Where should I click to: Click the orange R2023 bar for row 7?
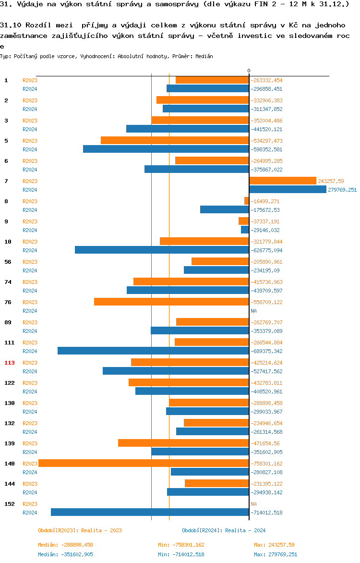283,181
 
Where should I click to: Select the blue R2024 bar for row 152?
150,512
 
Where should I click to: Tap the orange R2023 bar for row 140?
144,463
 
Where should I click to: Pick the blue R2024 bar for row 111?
153,351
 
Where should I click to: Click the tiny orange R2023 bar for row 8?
247,201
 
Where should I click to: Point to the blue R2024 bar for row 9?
245,230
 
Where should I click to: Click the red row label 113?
10,363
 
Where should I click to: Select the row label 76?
8,302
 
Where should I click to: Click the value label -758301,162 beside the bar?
266,464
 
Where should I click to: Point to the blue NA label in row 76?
253,311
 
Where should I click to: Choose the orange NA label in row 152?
253,504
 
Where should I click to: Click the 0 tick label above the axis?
249,71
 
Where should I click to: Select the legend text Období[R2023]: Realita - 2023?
80,530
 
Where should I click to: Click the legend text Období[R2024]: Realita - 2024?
224,530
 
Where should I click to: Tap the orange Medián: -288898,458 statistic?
65,545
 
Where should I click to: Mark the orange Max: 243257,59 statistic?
274,545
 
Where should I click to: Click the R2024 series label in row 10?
30,250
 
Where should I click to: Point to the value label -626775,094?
266,250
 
